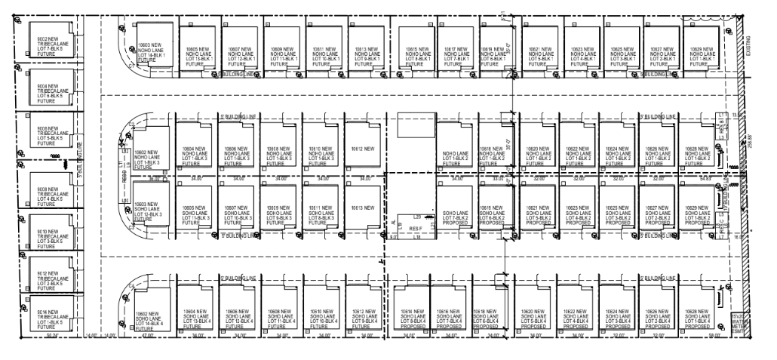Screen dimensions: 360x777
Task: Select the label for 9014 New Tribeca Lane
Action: [48, 315]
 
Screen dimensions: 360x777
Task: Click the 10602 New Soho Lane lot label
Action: [149, 320]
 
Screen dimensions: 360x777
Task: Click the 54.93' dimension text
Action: [704, 179]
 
